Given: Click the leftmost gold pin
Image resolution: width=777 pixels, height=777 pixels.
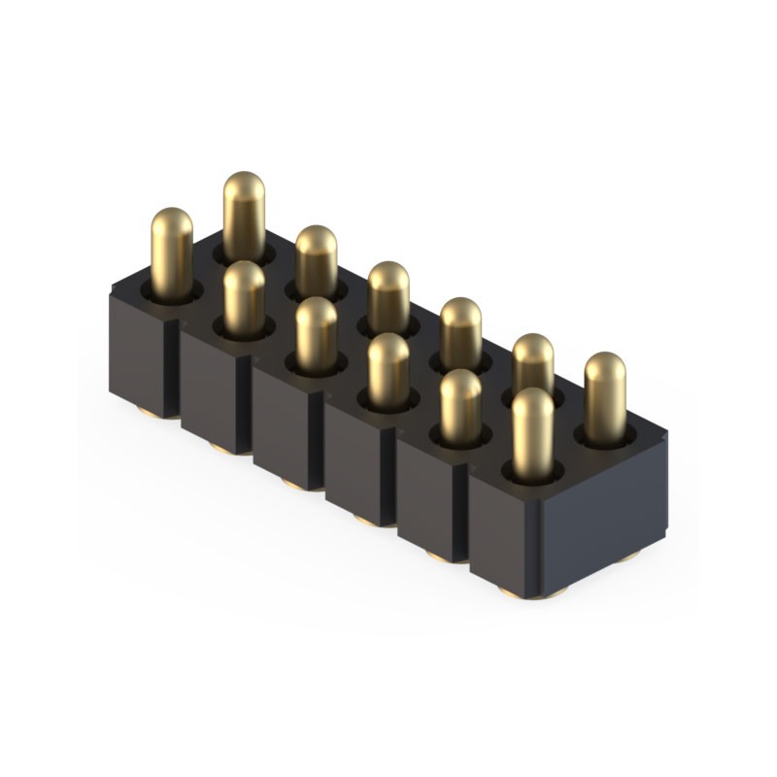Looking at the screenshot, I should coord(172,248).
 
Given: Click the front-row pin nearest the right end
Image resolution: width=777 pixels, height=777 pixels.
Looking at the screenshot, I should coord(532,432).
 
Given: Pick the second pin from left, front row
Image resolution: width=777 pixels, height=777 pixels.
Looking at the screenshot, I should coord(244,296).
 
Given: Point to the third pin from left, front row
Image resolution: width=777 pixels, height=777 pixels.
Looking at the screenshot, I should coord(316,335).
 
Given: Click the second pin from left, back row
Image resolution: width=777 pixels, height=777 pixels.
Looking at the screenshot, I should coord(316,257).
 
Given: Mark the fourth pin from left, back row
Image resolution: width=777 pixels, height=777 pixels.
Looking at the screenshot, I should coord(460,330).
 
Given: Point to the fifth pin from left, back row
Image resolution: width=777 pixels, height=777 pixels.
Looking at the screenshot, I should coord(533,364).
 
